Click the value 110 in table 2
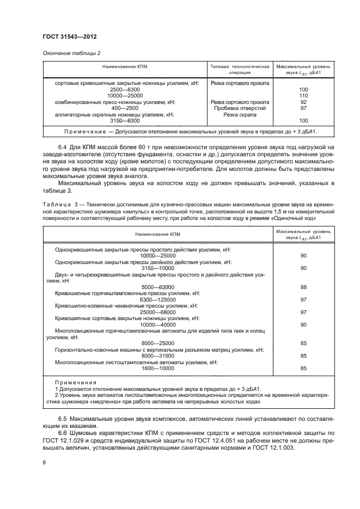point(303,95)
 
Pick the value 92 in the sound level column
point(303,102)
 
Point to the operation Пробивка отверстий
point(240,108)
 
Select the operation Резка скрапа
point(240,115)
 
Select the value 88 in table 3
point(303,287)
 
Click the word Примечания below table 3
point(76,383)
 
